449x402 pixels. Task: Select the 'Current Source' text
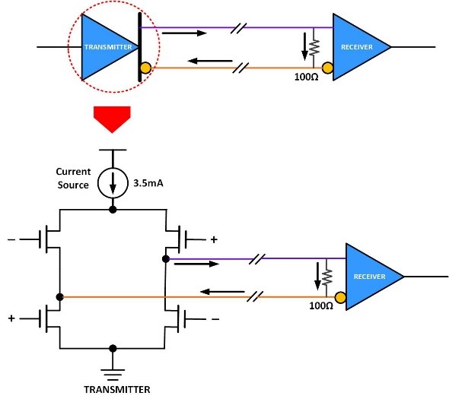pyautogui.click(x=74, y=178)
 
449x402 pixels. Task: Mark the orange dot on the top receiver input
pyautogui.click(x=327, y=68)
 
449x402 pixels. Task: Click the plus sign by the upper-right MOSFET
pyautogui.click(x=213, y=240)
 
